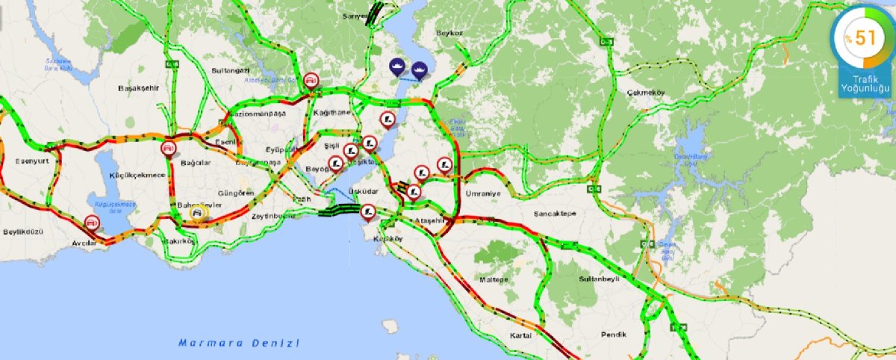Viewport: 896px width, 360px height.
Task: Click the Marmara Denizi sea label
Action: pos(239,343)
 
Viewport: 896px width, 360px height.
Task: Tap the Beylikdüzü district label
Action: pos(23,232)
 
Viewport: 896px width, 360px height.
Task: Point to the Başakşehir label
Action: pos(139,88)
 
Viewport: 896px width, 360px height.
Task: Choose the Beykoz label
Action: pos(451,34)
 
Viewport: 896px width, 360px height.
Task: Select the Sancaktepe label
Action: pos(555,213)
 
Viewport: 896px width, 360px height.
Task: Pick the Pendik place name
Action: pos(612,334)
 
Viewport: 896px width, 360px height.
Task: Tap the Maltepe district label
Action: pos(494,279)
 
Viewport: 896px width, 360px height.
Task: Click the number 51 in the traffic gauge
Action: pos(865,38)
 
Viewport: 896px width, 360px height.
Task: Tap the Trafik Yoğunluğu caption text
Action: pos(865,84)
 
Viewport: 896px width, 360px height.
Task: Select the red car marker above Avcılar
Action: pos(92,222)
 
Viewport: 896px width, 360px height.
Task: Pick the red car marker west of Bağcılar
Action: pos(169,148)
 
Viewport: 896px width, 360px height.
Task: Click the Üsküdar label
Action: pos(364,191)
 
